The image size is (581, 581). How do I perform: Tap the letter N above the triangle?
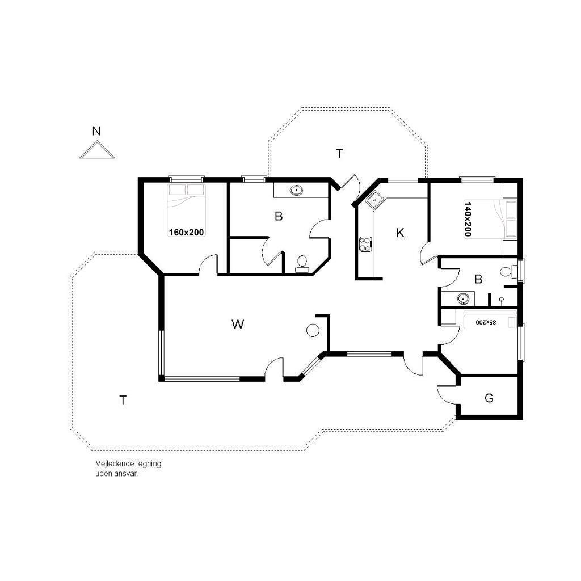96,131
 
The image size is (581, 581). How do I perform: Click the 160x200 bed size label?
186,232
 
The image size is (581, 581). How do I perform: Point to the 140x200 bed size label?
468,219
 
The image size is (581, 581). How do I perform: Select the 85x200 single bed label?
486,322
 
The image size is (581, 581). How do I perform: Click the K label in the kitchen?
400,233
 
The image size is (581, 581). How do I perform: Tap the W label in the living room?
238,324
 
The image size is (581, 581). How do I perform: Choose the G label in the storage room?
489,398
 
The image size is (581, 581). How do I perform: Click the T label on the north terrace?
339,153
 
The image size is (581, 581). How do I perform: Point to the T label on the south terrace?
123,400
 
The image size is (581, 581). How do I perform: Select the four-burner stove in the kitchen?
365,244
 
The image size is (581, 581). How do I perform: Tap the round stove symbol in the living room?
313,330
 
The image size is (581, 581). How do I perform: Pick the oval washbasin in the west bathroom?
297,191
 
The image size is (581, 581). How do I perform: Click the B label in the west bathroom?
279,216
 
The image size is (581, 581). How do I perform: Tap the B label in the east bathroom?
478,279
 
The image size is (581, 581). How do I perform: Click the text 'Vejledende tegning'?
128,464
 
